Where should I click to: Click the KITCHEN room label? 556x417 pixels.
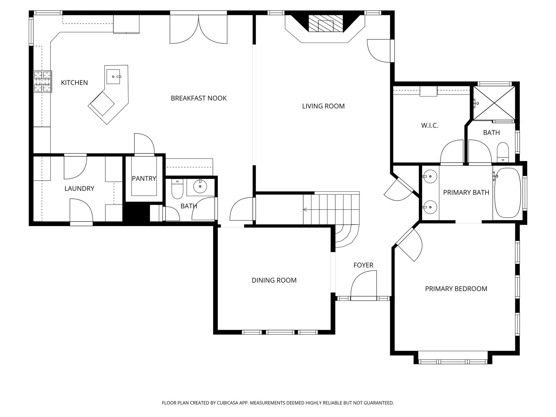pos(74,83)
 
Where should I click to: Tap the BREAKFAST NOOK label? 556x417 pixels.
pos(198,98)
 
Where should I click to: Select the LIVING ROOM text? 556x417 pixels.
pos(323,106)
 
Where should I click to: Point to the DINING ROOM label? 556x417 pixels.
pos(274,280)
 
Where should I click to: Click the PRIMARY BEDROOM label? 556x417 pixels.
pos(456,289)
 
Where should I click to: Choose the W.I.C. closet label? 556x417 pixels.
pos(430,125)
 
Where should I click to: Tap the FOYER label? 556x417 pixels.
pos(363,265)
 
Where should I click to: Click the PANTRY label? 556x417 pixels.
pos(144,178)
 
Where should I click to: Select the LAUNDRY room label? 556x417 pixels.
pos(79,188)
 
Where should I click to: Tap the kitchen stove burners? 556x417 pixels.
pos(43,81)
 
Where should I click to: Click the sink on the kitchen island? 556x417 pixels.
pos(113,77)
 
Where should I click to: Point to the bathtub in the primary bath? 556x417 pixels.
pos(507,193)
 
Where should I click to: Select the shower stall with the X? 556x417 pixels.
pos(494,103)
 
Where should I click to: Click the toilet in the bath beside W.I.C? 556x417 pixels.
pos(503,152)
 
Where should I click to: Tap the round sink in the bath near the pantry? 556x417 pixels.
pos(200,187)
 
